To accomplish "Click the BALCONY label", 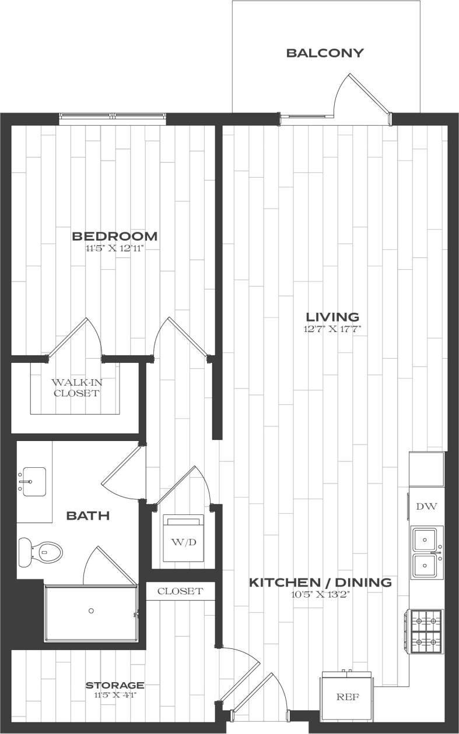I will tap(325, 53).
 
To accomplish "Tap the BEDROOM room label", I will tap(114, 236).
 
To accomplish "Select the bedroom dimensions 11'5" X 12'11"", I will tap(114, 249).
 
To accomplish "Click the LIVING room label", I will tap(332, 317).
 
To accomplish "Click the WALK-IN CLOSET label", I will tap(75, 388).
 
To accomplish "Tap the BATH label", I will tap(88, 515).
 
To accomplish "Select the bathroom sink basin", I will tap(34, 481).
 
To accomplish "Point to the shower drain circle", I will tap(91, 611).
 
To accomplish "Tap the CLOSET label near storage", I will tap(180, 591).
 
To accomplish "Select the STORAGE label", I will tap(115, 685).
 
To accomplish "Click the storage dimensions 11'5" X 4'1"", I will tap(115, 696).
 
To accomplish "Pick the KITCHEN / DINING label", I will tap(320, 582).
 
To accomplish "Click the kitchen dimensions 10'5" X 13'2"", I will tap(320, 595).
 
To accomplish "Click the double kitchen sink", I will tap(427, 552).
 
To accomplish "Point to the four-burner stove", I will tap(427, 631).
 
